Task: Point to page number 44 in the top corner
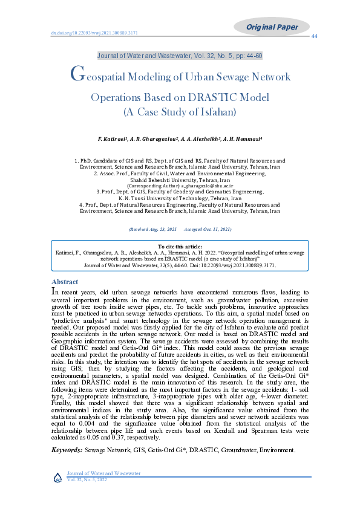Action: (314, 37)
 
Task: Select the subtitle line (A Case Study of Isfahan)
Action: (179, 112)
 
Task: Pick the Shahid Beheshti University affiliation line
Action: (180, 180)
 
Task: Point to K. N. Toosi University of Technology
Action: (180, 198)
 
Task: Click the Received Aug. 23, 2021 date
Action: (152, 230)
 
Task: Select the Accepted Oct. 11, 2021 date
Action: (207, 230)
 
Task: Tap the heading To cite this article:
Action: (180, 247)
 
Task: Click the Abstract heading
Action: (65, 282)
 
